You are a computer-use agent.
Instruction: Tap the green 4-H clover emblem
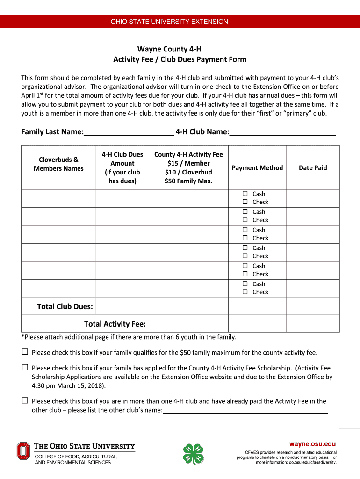tap(194, 454)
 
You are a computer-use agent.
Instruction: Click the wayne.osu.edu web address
tap(312, 444)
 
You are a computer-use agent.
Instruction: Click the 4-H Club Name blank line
tap(282, 132)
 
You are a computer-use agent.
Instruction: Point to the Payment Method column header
tap(257, 168)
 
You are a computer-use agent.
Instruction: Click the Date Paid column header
tap(313, 168)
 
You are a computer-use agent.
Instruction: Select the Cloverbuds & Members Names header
tap(58, 164)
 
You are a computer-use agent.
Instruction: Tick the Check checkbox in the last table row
tap(245, 292)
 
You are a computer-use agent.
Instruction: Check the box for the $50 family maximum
tap(25, 352)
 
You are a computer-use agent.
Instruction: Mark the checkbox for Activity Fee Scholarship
tap(25, 368)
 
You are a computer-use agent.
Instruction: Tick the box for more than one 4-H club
tap(25, 400)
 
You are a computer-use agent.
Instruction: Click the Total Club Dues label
tap(65, 307)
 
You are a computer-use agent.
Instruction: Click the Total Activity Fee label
tap(115, 324)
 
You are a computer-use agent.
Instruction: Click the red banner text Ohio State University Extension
tap(169, 22)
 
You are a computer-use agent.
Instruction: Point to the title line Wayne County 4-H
tap(169, 49)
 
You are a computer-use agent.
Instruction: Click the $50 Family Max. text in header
tap(188, 181)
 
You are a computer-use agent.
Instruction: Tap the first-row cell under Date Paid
tap(313, 198)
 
